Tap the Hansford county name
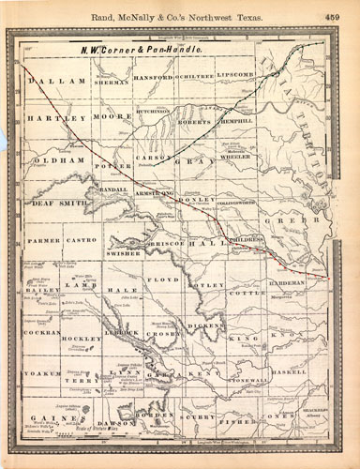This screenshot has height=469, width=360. tap(152, 76)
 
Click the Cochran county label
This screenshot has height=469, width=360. tap(41, 333)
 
